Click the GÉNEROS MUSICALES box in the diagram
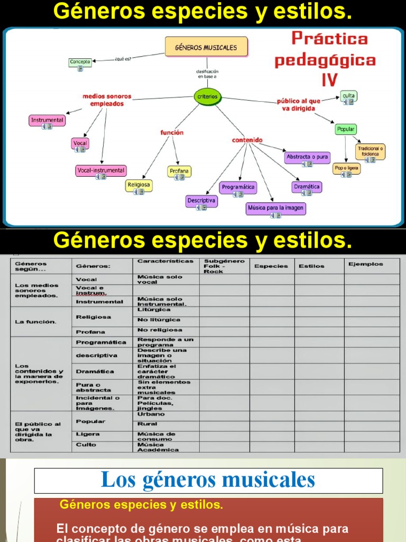click(206, 47)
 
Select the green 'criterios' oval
click(207, 97)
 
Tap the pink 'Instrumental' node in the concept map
click(47, 120)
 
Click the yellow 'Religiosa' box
click(139, 185)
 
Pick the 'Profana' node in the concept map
click(179, 171)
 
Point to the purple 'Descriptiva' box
click(201, 201)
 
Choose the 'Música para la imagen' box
click(276, 208)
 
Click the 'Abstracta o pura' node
click(307, 157)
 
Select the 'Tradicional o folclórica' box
click(370, 151)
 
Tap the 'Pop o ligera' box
click(346, 168)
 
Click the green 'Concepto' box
click(80, 62)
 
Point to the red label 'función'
click(172, 132)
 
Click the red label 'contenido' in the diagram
click(247, 140)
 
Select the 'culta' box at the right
click(348, 96)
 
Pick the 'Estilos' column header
click(312, 266)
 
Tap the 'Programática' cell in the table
click(101, 342)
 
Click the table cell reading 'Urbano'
click(151, 414)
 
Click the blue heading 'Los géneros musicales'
click(208, 481)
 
